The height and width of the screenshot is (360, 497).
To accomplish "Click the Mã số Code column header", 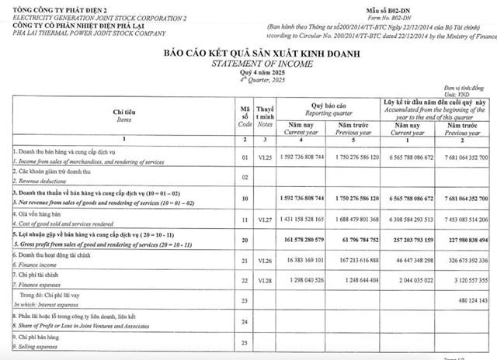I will pyautogui.click(x=245, y=116).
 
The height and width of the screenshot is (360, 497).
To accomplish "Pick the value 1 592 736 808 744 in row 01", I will pyautogui.click(x=311, y=157).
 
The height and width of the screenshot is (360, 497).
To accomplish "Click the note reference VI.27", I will pyautogui.click(x=266, y=221).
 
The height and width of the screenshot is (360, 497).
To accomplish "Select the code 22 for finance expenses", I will pyautogui.click(x=245, y=279).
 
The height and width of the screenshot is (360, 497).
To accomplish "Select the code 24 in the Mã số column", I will pyautogui.click(x=245, y=321).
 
